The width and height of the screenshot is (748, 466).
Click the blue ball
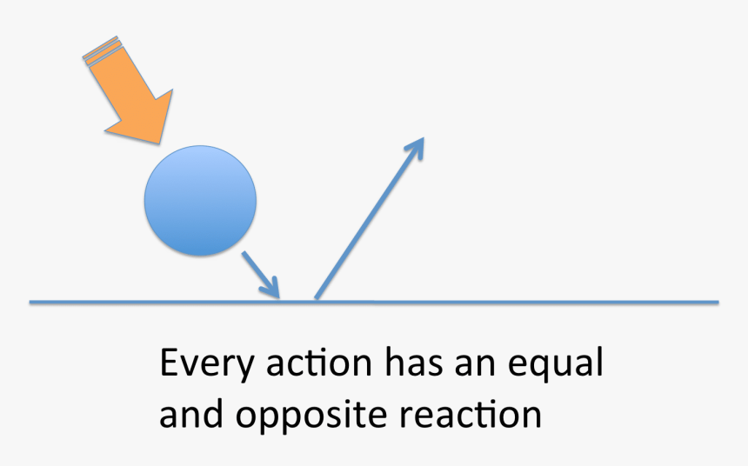point(200,200)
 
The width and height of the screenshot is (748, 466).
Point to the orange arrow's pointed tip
point(159,143)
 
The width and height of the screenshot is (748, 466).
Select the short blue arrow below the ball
point(260,275)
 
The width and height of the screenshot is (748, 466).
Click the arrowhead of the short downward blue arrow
point(272,288)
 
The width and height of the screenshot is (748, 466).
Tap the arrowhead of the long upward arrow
point(416,146)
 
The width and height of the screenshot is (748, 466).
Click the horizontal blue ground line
point(374,302)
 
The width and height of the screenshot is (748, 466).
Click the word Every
point(206,364)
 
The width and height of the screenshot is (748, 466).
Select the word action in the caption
point(318,363)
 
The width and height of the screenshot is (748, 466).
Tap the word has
point(414,362)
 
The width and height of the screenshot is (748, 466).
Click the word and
point(190,414)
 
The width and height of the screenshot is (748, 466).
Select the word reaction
point(471,415)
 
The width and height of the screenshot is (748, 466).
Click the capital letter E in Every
point(169,363)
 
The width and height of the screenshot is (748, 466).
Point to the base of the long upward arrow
point(316,298)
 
